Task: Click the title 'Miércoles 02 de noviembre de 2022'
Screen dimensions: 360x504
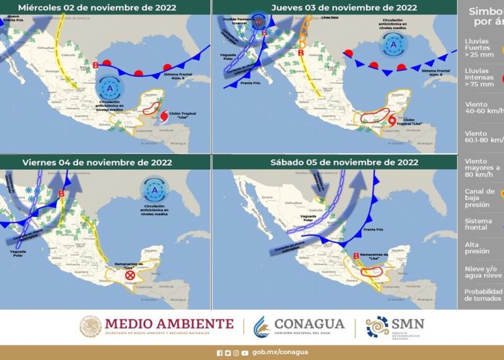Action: pos(97,8)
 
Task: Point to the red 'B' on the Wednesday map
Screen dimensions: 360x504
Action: pos(96,65)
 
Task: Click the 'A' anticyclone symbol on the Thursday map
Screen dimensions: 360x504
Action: pos(392,44)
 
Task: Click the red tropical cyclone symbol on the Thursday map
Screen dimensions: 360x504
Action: pos(392,121)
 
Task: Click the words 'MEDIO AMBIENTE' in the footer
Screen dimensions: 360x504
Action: pos(169,324)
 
